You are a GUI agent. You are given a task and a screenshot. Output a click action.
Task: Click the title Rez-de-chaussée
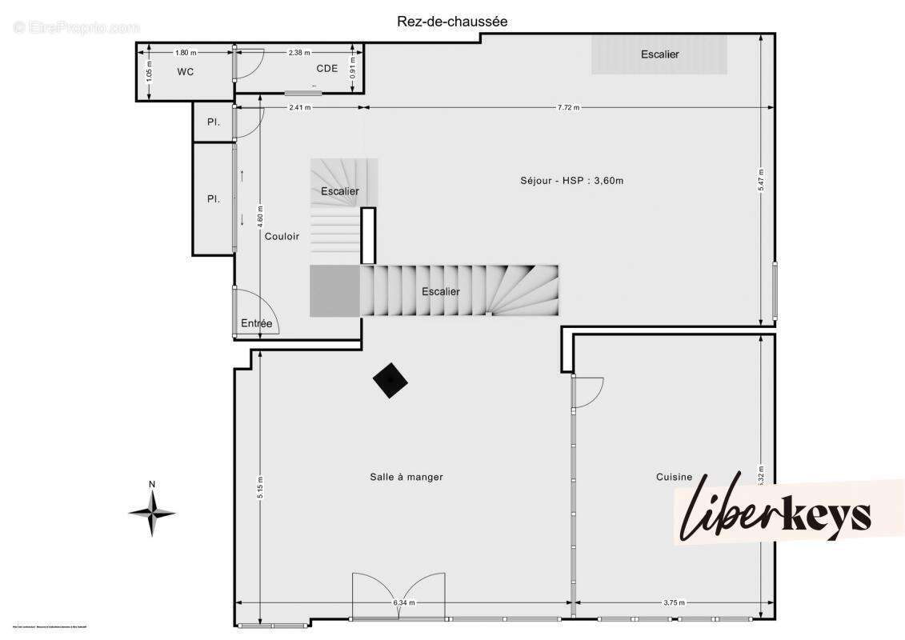pos(452,22)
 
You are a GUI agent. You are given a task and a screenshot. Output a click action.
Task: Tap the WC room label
pos(186,71)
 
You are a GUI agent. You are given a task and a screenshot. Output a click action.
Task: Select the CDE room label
pos(326,68)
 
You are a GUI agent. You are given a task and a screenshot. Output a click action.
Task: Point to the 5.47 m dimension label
pos(761,182)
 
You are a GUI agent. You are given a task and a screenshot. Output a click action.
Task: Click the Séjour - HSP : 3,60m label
pos(571,180)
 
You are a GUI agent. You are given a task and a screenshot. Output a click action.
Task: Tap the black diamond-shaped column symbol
pos(390,380)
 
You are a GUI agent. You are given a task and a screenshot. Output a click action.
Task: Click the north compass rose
pos(152,512)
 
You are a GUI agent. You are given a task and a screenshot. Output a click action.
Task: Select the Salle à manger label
pos(406,477)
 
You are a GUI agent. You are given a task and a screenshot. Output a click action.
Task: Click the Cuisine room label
pos(674,477)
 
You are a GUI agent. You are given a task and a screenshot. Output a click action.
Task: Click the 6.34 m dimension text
pos(404,602)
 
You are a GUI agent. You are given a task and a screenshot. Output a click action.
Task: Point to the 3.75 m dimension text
pos(675,602)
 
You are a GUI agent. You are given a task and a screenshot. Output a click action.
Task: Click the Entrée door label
pos(256,323)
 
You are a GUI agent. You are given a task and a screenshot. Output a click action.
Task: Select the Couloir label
pos(282,236)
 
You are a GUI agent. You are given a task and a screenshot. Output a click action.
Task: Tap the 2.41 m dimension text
pos(299,107)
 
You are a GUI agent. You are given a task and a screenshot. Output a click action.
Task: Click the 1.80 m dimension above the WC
pos(185,53)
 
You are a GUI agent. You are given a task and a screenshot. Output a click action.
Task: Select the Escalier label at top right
pos(659,54)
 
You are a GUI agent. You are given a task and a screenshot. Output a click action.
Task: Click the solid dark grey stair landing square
pos(334,291)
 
